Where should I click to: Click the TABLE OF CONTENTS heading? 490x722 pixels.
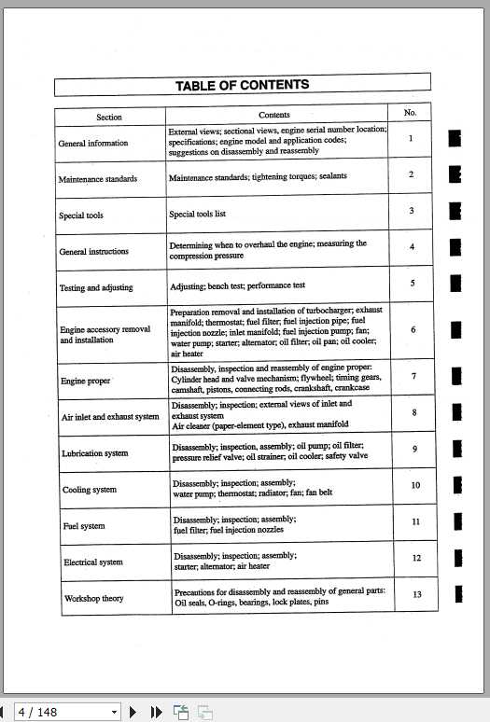pyautogui.click(x=242, y=86)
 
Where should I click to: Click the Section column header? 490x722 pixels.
pyautogui.click(x=109, y=118)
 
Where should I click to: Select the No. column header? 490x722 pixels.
pyautogui.click(x=410, y=112)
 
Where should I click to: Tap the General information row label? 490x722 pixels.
pyautogui.click(x=93, y=144)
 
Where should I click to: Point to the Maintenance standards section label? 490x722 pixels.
pyautogui.click(x=98, y=179)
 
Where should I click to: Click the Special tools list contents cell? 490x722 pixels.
pyautogui.click(x=198, y=214)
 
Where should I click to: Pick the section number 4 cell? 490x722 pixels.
pyautogui.click(x=412, y=247)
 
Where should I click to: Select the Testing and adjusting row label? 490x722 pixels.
pyautogui.click(x=96, y=288)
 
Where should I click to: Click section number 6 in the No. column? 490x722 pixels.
pyautogui.click(x=413, y=329)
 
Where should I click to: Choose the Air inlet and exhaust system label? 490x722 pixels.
pyautogui.click(x=110, y=417)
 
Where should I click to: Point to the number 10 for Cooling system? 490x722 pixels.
pyautogui.click(x=415, y=485)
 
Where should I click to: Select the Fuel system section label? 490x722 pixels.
pyautogui.click(x=84, y=526)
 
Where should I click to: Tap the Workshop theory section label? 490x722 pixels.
pyautogui.click(x=93, y=598)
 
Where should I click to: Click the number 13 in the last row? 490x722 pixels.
pyautogui.click(x=416, y=594)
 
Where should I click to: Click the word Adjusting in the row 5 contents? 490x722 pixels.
pyautogui.click(x=190, y=285)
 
